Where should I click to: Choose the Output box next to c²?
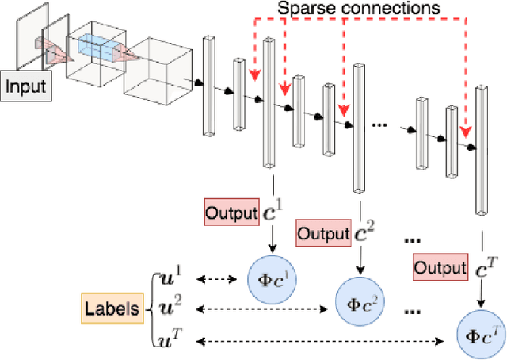[322, 233]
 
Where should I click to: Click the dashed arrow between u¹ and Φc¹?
[215, 279]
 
